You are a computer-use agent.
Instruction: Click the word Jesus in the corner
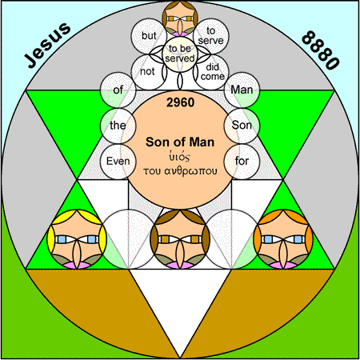pyautogui.click(x=48, y=45)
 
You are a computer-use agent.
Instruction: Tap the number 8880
pyautogui.click(x=321, y=50)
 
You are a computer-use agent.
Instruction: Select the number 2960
pyautogui.click(x=180, y=102)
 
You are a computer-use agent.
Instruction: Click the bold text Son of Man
pyautogui.click(x=180, y=142)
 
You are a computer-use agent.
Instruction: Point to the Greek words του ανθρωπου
pyautogui.click(x=180, y=171)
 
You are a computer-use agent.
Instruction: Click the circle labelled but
pyautogui.click(x=149, y=36)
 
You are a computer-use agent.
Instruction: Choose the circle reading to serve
pyautogui.click(x=211, y=36)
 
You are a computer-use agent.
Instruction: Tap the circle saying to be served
pyautogui.click(x=180, y=54)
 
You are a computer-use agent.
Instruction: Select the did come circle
pyautogui.click(x=211, y=72)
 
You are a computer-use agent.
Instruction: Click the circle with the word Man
pyautogui.click(x=242, y=90)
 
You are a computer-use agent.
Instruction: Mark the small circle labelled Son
pyautogui.click(x=242, y=126)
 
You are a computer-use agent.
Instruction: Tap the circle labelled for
pyautogui.click(x=242, y=162)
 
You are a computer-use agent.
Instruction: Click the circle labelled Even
pyautogui.click(x=118, y=162)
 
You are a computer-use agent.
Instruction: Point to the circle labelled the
pyautogui.click(x=118, y=126)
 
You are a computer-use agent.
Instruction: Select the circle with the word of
pyautogui.click(x=118, y=90)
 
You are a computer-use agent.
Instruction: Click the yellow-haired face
pyautogui.click(x=77, y=239)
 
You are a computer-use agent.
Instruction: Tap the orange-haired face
pyautogui.click(x=283, y=239)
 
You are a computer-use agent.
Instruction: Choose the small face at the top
pyautogui.click(x=180, y=18)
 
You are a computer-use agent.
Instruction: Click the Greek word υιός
pyautogui.click(x=179, y=157)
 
